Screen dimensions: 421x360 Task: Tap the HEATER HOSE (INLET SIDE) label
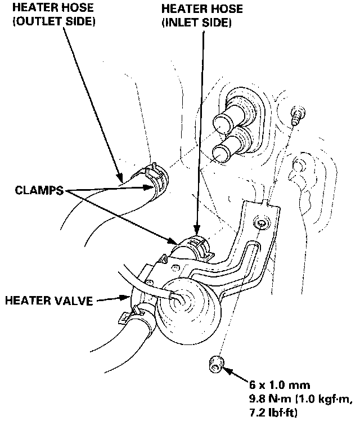[194, 16]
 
